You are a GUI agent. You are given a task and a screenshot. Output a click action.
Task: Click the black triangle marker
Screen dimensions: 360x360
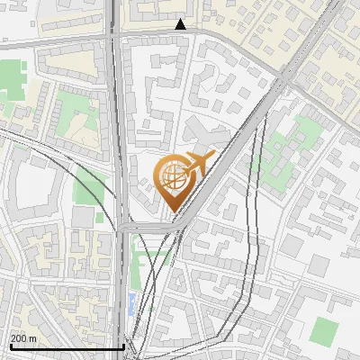tap(181, 25)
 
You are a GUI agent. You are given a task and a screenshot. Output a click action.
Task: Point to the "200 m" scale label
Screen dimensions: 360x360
tap(23, 338)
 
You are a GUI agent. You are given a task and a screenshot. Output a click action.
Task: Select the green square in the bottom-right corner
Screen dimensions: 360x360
tap(321, 330)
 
